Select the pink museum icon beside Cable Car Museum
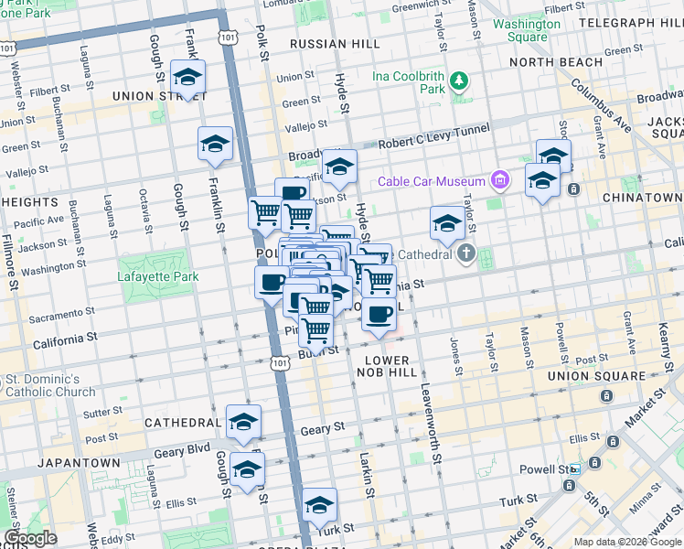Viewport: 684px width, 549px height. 498,181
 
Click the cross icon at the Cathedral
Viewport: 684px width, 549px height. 466,253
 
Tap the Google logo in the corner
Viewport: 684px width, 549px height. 30,538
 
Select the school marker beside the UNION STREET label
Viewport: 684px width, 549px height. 187,79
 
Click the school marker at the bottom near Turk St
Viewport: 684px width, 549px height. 319,505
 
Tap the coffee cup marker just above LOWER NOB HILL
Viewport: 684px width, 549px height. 379,314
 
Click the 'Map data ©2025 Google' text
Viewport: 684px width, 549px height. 626,542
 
